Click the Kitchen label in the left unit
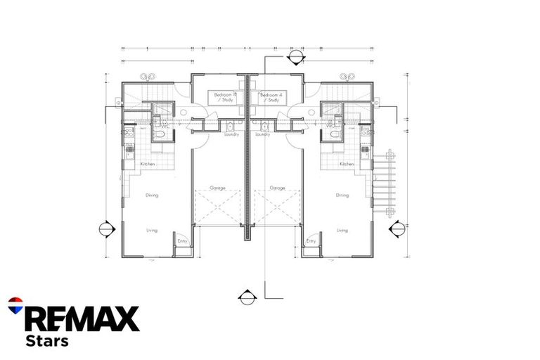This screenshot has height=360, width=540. pos(148,164)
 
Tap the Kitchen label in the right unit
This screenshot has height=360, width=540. pos(347,164)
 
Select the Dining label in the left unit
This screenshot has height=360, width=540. pos(153,195)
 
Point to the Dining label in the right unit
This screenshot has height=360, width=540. pos(342,195)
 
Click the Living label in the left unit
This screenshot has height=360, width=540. pos(152,230)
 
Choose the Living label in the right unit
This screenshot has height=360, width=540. pos(342,230)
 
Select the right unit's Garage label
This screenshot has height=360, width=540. pos(277,188)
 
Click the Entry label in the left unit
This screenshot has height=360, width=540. pos(183,241)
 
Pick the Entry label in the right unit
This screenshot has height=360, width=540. pos(311,241)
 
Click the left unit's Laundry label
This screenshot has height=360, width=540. pos(232,134)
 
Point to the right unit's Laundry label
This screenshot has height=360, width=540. pos(263,134)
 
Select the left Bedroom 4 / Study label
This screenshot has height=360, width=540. pos(225,97)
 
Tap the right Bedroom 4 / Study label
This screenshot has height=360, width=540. pos(271,97)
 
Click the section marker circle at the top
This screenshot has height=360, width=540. pos(296,58)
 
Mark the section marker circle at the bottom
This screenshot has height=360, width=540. pos(247,297)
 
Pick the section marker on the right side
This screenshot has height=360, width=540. pos(397,229)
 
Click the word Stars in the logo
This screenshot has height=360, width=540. pos(46,341)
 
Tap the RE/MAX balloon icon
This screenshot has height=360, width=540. pos(15,305)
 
